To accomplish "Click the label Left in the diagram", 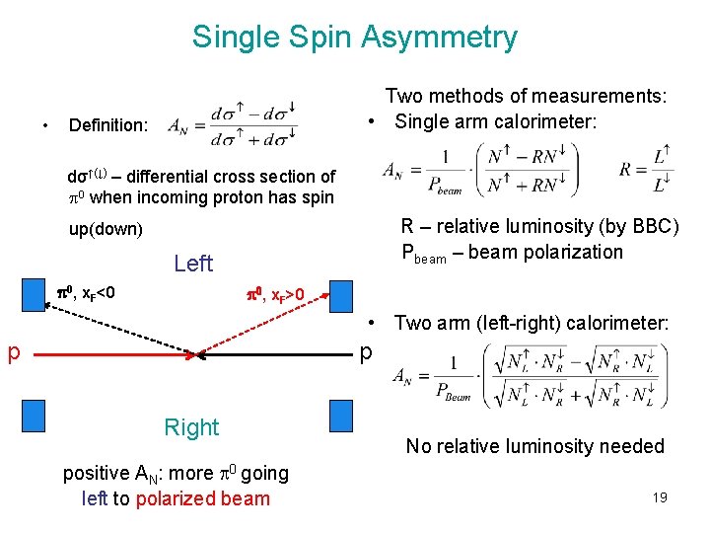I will pos(192,264).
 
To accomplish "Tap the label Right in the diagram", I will pos(191,427).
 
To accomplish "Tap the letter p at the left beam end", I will pos(15,353).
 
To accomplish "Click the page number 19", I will pos(659,497).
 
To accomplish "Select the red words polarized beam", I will pos(202,498).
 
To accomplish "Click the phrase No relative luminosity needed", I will pos(535,446).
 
